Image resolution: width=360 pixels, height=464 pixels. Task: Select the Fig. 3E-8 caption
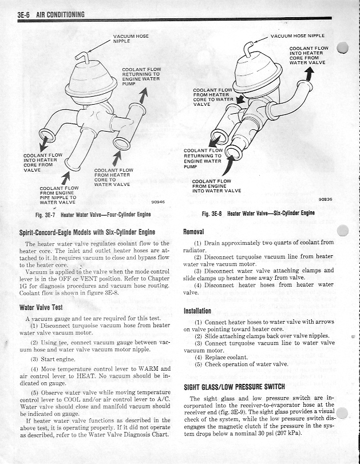[x=258, y=213]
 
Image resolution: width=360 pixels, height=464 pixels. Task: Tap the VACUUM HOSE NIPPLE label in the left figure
[x=130, y=38]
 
